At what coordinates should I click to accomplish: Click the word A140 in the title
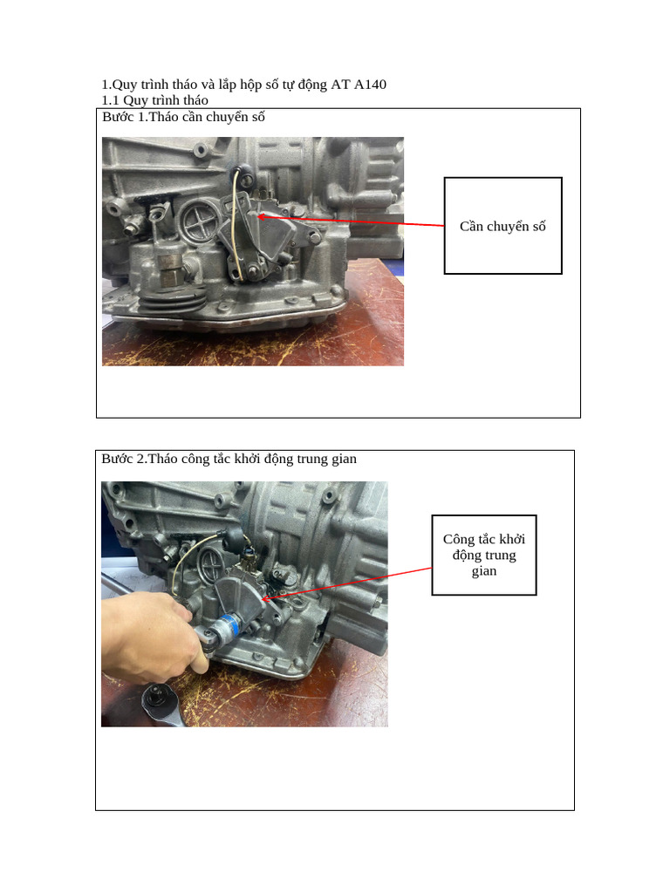point(370,85)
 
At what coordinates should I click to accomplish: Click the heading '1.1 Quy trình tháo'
point(154,100)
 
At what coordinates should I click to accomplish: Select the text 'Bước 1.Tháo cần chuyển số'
point(183,117)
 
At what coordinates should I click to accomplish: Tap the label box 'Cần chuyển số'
point(503,226)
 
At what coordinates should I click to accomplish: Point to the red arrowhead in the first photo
point(263,216)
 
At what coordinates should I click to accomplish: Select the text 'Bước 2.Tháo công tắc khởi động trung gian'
point(229,459)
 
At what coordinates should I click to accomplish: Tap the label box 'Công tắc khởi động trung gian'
point(484,556)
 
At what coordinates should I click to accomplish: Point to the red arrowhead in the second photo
point(267,598)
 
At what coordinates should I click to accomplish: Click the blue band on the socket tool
point(230,627)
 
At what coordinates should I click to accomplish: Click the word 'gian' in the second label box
point(483,571)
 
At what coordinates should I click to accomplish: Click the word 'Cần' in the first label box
point(471,226)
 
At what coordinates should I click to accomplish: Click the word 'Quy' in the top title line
point(124,85)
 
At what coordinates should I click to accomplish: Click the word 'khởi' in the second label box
point(512,539)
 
